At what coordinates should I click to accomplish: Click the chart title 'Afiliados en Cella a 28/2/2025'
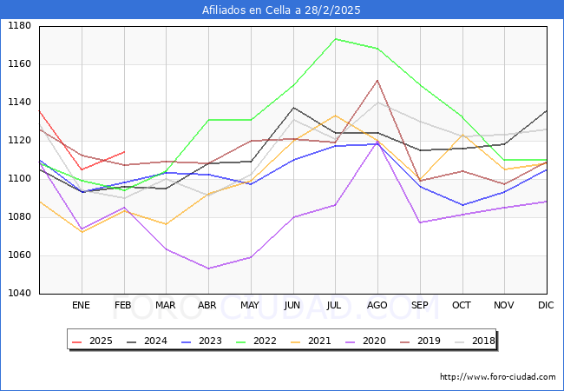click(x=281, y=10)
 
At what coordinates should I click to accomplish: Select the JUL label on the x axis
click(x=334, y=306)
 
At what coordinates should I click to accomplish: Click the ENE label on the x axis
click(x=81, y=306)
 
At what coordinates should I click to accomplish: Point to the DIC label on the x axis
click(x=546, y=306)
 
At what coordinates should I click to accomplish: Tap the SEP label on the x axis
click(x=419, y=306)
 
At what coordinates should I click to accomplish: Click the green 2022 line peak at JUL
click(x=335, y=39)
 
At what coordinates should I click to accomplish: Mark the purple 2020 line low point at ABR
click(x=208, y=268)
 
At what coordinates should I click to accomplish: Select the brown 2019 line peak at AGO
click(x=377, y=80)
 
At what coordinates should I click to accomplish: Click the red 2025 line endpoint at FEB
click(x=123, y=152)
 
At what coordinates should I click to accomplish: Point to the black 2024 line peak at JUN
click(x=293, y=108)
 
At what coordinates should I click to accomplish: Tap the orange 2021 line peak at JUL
click(x=335, y=116)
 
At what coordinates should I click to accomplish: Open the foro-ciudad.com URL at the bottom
click(x=497, y=377)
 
